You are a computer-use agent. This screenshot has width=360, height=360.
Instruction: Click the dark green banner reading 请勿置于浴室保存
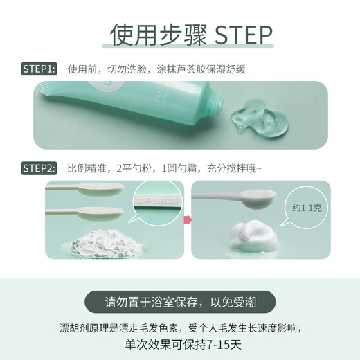coord(179,302)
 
